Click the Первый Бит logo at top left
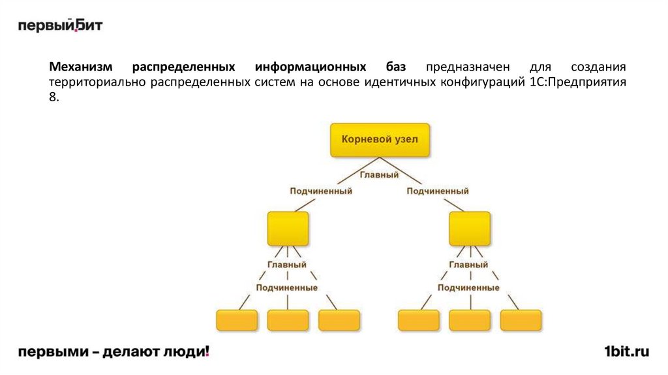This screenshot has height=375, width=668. click(60, 25)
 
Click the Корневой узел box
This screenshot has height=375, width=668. click(379, 139)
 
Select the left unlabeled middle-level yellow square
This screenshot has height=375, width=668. click(287, 228)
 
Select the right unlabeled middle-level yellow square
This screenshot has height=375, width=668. click(469, 228)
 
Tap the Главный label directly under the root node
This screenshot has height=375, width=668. click(379, 175)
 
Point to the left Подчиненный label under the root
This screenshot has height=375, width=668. click(321, 191)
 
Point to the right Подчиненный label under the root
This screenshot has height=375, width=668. click(438, 191)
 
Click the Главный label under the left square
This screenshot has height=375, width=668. click(287, 265)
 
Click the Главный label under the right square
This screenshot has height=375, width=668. click(469, 265)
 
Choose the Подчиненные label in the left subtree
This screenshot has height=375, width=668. click(287, 287)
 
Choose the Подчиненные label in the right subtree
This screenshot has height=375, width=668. click(469, 287)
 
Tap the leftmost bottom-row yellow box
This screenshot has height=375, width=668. click(236, 320)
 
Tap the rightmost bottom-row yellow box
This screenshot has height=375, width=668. click(521, 320)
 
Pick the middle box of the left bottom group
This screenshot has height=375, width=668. click(287, 320)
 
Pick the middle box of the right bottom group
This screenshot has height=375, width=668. click(470, 320)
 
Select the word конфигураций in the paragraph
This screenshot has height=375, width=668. click(481, 83)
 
